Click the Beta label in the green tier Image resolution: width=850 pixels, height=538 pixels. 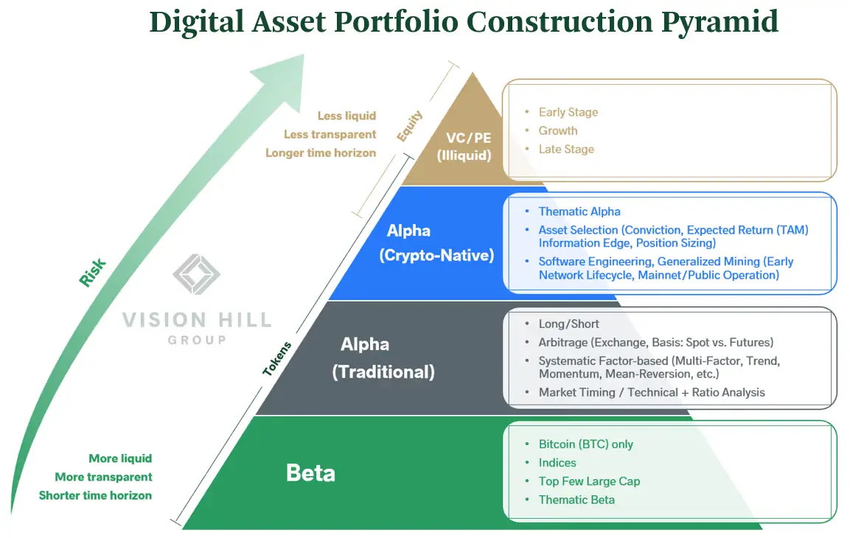(310, 472)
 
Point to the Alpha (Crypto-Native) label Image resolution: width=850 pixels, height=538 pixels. (436, 243)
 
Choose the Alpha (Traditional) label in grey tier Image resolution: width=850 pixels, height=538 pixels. (383, 358)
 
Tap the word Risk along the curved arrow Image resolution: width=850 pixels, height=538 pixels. (93, 272)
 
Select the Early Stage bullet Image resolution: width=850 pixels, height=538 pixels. (568, 112)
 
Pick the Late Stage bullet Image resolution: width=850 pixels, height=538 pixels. (565, 149)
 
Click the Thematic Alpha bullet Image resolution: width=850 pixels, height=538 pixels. (579, 212)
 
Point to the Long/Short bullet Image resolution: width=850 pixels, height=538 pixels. (568, 324)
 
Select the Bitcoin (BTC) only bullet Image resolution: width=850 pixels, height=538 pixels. (585, 444)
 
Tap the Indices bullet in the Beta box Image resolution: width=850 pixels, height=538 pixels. (557, 463)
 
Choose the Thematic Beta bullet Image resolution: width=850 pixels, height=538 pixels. (576, 500)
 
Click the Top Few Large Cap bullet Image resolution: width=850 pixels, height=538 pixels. (588, 481)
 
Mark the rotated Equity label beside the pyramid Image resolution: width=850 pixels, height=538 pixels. (410, 126)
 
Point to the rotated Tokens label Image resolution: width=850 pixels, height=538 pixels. (278, 359)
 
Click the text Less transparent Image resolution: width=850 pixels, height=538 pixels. (330, 134)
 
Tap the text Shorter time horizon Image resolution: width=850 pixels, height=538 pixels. (95, 495)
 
